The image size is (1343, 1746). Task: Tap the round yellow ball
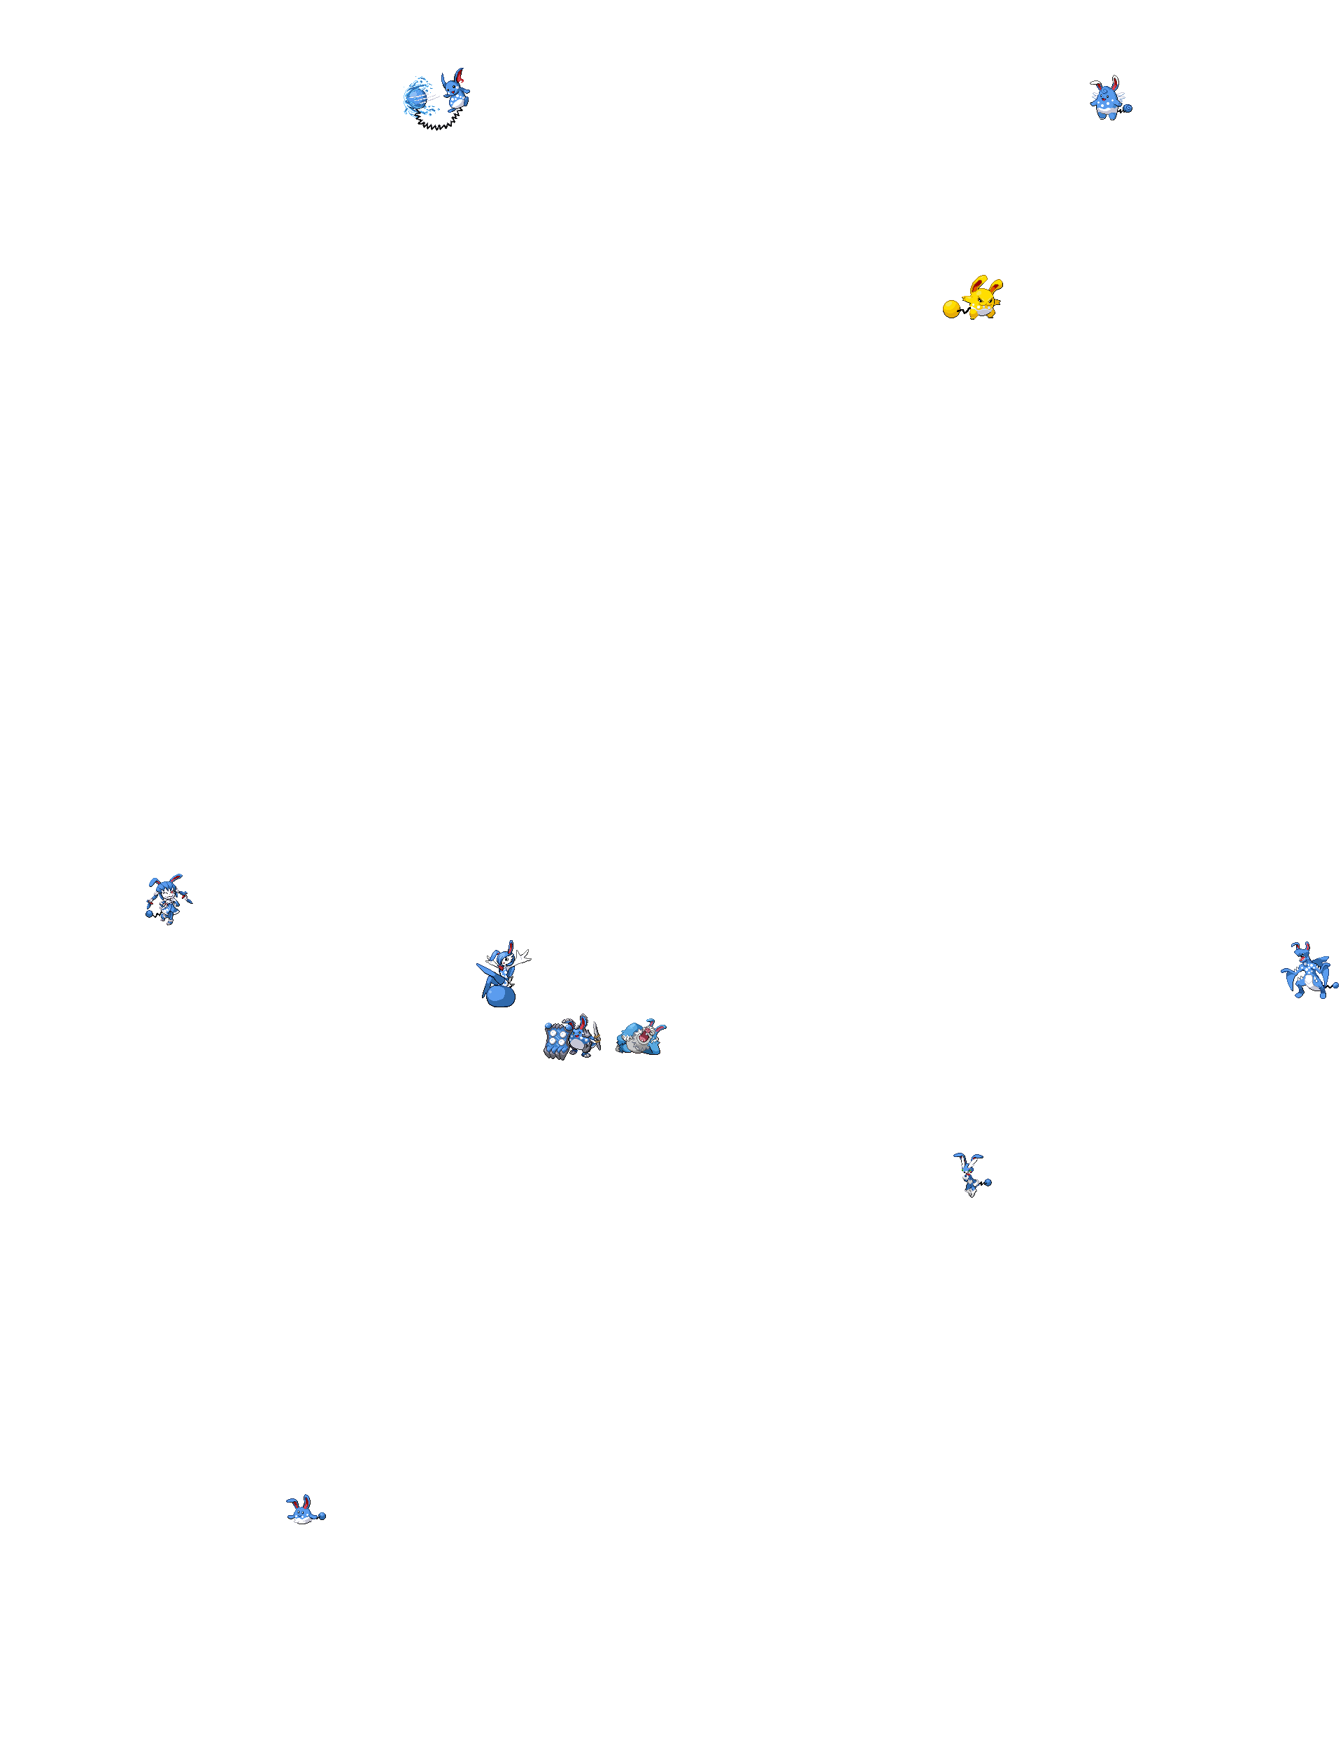[x=951, y=308]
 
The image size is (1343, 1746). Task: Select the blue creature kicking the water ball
[x=457, y=90]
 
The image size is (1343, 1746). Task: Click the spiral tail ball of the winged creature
[x=1127, y=107]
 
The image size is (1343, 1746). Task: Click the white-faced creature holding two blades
[x=168, y=900]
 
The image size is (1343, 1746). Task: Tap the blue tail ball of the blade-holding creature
[x=150, y=913]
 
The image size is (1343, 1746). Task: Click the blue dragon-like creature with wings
[x=1306, y=972]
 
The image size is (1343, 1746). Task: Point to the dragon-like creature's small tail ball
[x=1335, y=986]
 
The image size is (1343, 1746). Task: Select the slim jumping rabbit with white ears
[x=968, y=1174]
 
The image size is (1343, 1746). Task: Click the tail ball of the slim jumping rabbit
[x=988, y=1181]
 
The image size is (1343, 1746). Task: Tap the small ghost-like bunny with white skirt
[x=301, y=1511]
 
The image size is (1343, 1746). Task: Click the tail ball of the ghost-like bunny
[x=322, y=1515]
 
